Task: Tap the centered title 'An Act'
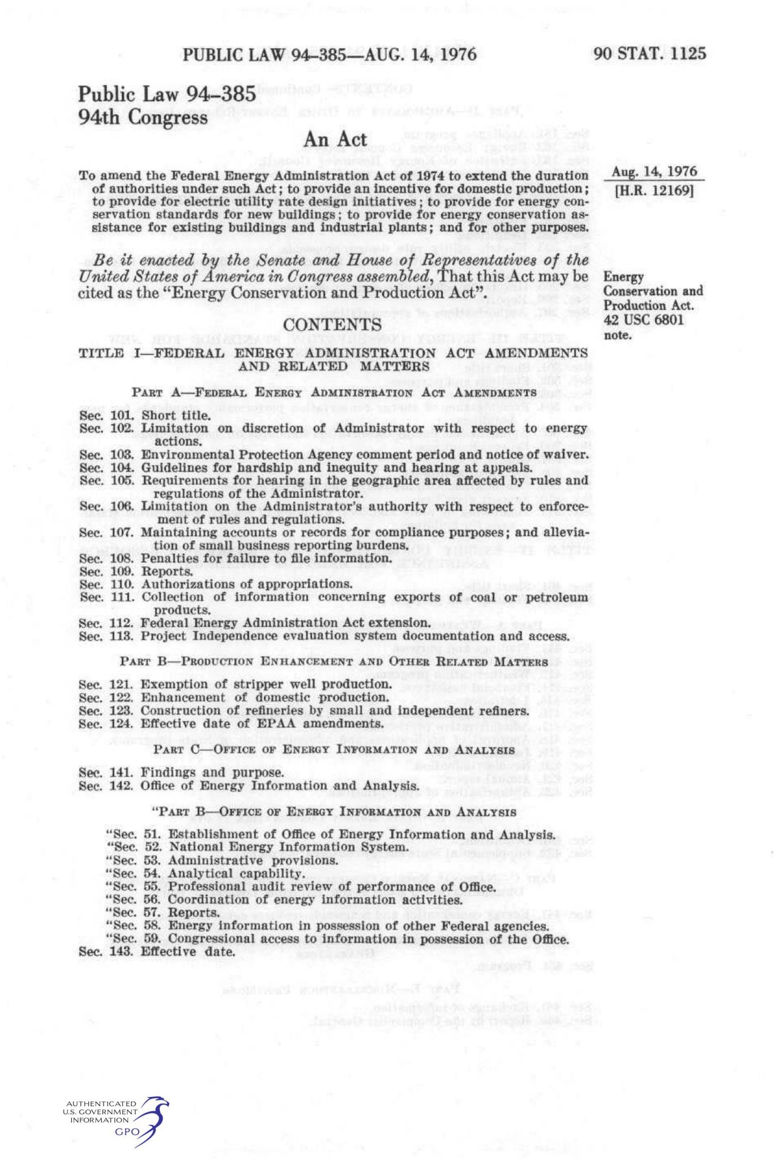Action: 335,139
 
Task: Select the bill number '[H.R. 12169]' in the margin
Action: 654,190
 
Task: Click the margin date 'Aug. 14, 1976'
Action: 654,172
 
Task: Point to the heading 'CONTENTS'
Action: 332,325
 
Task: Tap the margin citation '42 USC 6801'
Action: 644,320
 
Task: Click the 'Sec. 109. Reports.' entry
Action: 136,571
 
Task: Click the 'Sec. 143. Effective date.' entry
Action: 157,952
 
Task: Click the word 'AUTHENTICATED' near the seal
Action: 101,1104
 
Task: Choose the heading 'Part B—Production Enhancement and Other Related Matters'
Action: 333,662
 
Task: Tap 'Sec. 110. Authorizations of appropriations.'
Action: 216,584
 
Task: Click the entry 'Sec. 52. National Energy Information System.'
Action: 256,847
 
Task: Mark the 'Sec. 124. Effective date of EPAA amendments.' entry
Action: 230,724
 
